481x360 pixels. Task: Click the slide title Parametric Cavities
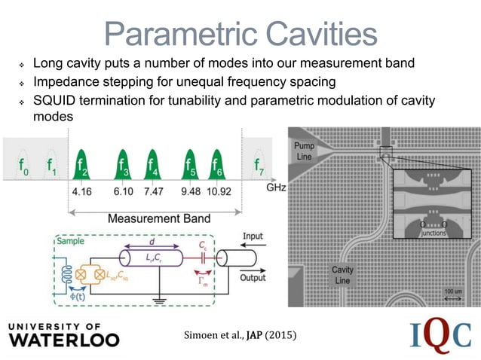[240, 32]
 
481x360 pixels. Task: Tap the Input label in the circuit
[253, 236]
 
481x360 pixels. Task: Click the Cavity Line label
[344, 275]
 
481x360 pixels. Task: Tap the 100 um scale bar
[453, 296]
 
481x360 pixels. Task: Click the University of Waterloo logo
[63, 334]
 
